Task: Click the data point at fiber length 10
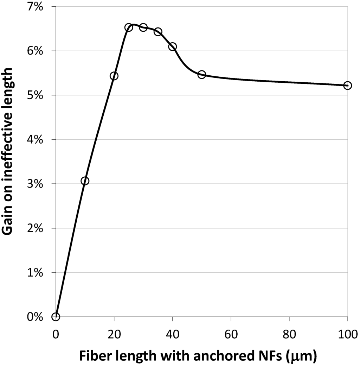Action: (85, 181)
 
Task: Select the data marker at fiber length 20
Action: (114, 76)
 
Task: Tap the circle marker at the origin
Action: (56, 317)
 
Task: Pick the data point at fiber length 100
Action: (348, 85)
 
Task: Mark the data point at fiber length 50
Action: (201, 75)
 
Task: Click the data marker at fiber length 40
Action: (172, 46)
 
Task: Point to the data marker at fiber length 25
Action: (129, 27)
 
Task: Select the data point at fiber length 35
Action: (158, 32)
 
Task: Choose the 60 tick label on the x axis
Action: (231, 333)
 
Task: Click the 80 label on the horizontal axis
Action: (289, 333)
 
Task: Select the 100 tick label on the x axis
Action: (347, 333)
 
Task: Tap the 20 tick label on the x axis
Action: (114, 333)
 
